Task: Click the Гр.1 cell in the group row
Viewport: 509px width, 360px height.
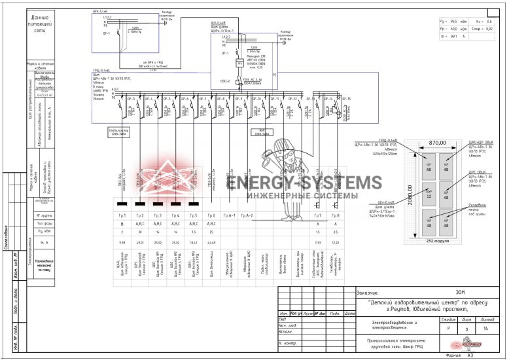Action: tap(122, 215)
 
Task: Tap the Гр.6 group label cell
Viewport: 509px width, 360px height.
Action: tap(210, 215)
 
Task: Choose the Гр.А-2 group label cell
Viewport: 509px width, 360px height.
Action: tap(246, 215)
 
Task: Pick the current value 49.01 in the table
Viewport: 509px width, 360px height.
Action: tap(139, 242)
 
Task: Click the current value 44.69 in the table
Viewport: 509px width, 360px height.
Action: tap(210, 242)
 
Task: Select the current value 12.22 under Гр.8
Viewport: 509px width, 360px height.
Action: tap(336, 242)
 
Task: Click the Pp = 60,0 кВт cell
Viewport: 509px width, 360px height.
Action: tap(454, 29)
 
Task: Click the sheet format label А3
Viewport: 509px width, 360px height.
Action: tap(469, 355)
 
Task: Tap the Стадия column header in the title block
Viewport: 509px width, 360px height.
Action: tap(448, 319)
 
